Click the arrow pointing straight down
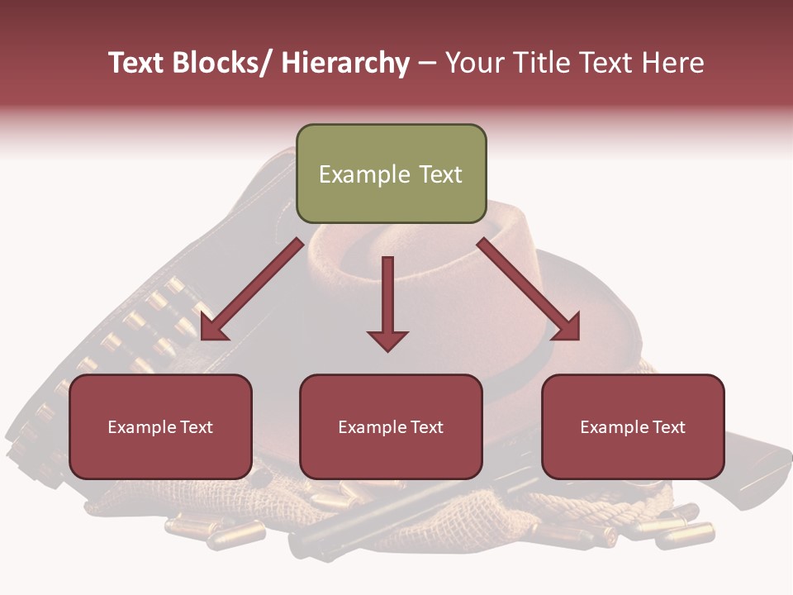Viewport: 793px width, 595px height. (x=387, y=302)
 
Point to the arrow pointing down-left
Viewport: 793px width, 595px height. (x=253, y=289)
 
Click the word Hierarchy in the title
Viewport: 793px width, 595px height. (x=345, y=64)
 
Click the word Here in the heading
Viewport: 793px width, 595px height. (x=672, y=64)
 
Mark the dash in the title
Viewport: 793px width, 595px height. (x=427, y=64)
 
